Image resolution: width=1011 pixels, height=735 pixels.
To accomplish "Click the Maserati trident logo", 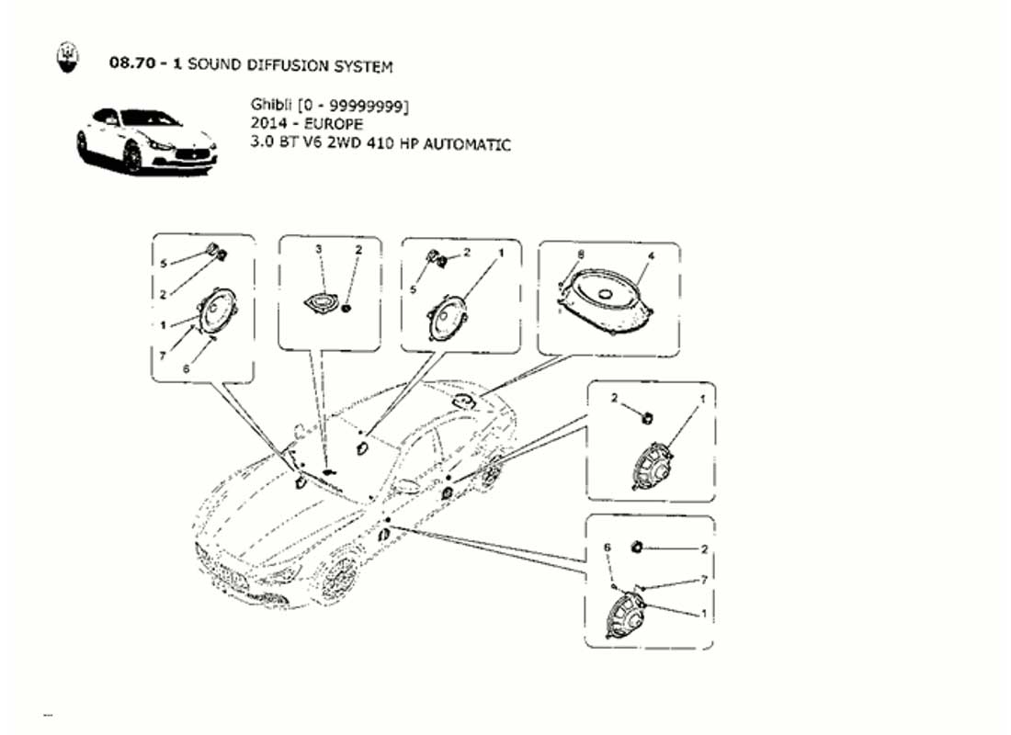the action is pyautogui.click(x=66, y=57).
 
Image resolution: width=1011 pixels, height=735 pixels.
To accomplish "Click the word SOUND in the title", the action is pyautogui.click(x=215, y=65).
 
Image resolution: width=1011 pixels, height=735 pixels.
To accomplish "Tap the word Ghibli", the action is pyautogui.click(x=271, y=105).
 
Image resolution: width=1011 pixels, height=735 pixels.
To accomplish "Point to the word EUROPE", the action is pyautogui.click(x=334, y=124).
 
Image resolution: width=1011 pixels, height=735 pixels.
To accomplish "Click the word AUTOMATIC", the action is pyautogui.click(x=467, y=143).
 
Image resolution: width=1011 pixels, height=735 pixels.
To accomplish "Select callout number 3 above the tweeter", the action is pyautogui.click(x=318, y=249).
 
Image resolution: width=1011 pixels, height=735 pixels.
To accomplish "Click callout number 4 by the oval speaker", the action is pyautogui.click(x=652, y=256).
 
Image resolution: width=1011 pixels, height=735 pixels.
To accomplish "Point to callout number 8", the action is pyautogui.click(x=581, y=254).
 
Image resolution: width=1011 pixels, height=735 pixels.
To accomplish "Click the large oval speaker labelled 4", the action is pyautogui.click(x=606, y=300).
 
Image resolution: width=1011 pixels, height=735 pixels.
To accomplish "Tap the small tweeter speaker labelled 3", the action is pyautogui.click(x=319, y=303).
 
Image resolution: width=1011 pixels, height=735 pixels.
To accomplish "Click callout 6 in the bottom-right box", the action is pyautogui.click(x=607, y=548).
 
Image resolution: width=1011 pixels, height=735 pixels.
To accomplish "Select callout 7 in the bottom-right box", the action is pyautogui.click(x=704, y=580).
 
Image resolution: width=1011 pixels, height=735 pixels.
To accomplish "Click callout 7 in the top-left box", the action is pyautogui.click(x=163, y=356).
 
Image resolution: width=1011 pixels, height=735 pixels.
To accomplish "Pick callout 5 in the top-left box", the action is pyautogui.click(x=164, y=263).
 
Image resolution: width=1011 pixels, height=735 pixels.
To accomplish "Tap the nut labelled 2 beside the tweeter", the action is pyautogui.click(x=347, y=308).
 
